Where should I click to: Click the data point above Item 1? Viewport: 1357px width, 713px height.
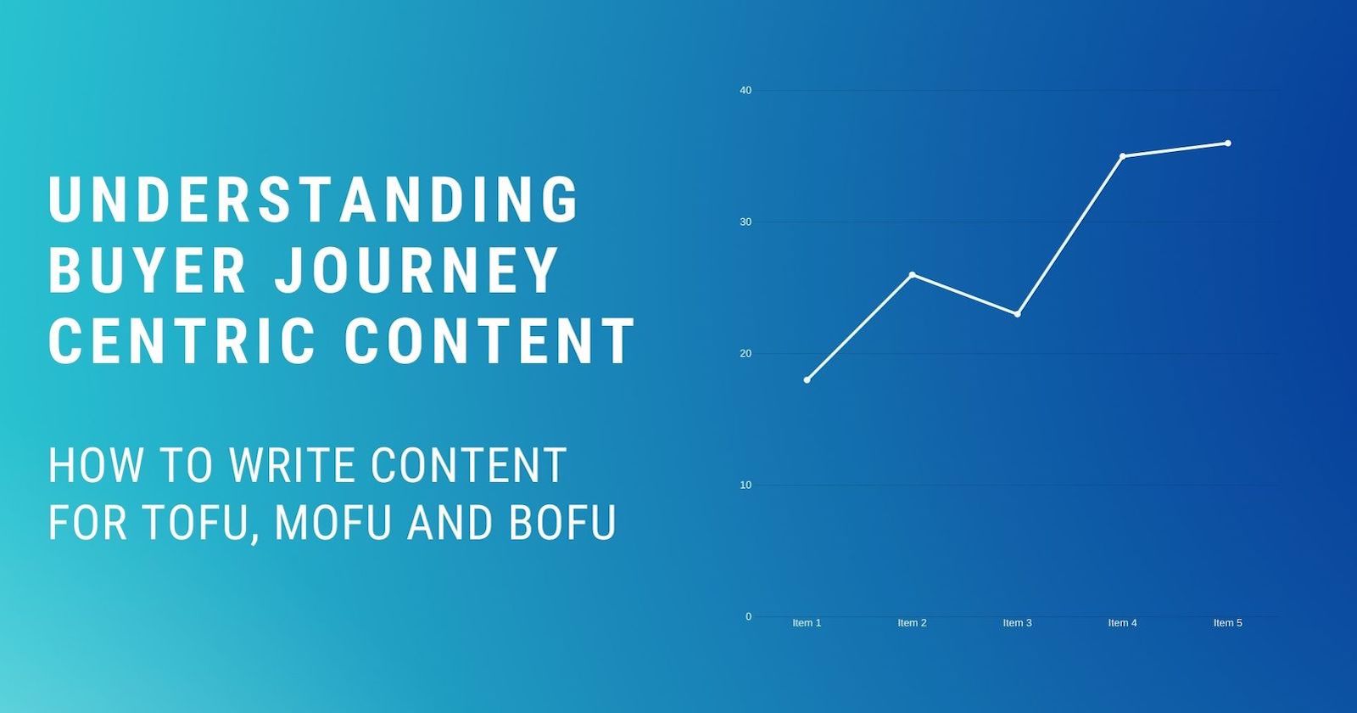coord(807,379)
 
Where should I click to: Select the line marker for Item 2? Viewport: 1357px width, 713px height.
coord(912,274)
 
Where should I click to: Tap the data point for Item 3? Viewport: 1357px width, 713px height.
coord(1017,314)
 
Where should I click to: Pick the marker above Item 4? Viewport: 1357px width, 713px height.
coord(1122,156)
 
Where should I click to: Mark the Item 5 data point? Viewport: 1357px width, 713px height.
coord(1227,143)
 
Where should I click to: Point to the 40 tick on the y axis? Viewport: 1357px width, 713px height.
coord(746,90)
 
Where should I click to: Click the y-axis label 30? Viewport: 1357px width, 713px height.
coord(746,222)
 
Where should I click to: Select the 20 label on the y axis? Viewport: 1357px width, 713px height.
coord(746,353)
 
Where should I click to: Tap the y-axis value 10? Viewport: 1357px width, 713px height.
coord(746,485)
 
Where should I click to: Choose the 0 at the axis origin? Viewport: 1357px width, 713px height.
coord(748,616)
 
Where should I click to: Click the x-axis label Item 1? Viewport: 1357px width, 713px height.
coord(807,623)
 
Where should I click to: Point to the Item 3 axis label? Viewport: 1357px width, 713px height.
coord(1017,623)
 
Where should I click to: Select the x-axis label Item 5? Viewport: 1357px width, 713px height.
coord(1227,623)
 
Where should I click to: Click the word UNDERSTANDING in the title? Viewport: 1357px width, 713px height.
coord(314,199)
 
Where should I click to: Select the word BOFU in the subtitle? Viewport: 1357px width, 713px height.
coord(561,521)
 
